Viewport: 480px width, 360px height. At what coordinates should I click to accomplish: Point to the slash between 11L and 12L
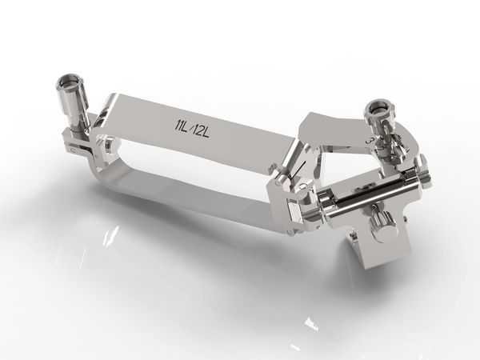[x=193, y=126]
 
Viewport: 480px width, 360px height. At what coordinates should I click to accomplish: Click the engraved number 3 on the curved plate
[x=370, y=142]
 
